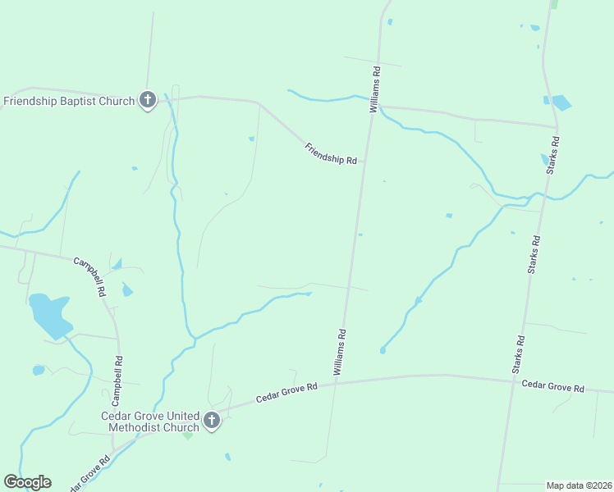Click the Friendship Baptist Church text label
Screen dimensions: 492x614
click(69, 102)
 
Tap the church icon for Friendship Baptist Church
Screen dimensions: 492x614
click(148, 100)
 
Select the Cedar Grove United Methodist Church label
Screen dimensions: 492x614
click(150, 421)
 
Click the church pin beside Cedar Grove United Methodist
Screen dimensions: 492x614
click(211, 421)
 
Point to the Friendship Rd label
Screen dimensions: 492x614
click(331, 154)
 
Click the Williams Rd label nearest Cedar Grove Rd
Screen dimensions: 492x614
click(341, 353)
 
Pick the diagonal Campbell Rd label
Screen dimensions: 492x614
click(90, 277)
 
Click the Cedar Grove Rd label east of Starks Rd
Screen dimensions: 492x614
click(552, 386)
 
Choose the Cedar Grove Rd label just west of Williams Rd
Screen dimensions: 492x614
click(286, 393)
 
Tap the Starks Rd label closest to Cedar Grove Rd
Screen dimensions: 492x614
click(519, 354)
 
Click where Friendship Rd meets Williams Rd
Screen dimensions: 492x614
click(371, 107)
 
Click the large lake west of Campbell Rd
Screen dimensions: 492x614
click(49, 314)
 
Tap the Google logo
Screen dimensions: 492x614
click(27, 482)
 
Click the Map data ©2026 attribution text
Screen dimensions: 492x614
click(578, 485)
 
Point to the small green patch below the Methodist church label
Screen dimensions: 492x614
click(188, 435)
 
